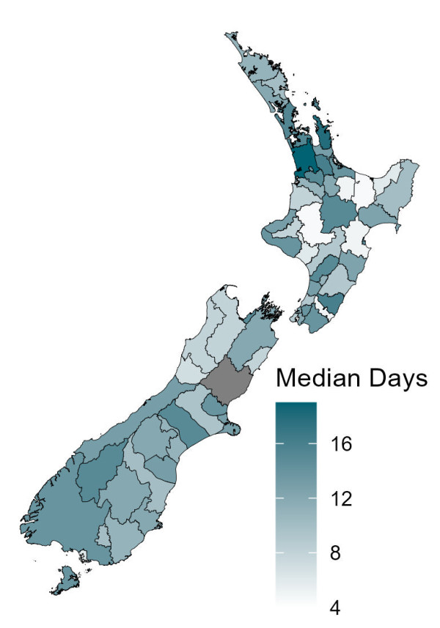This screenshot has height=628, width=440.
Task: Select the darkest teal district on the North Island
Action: [303, 158]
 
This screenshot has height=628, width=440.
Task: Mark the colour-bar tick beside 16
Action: [313, 444]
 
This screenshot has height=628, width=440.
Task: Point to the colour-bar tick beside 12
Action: [313, 498]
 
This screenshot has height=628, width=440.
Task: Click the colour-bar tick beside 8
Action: [313, 553]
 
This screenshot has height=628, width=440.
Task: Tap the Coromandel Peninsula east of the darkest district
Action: [323, 139]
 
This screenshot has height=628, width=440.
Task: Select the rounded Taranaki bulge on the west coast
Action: [269, 228]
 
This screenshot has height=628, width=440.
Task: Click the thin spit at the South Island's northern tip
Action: [233, 289]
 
